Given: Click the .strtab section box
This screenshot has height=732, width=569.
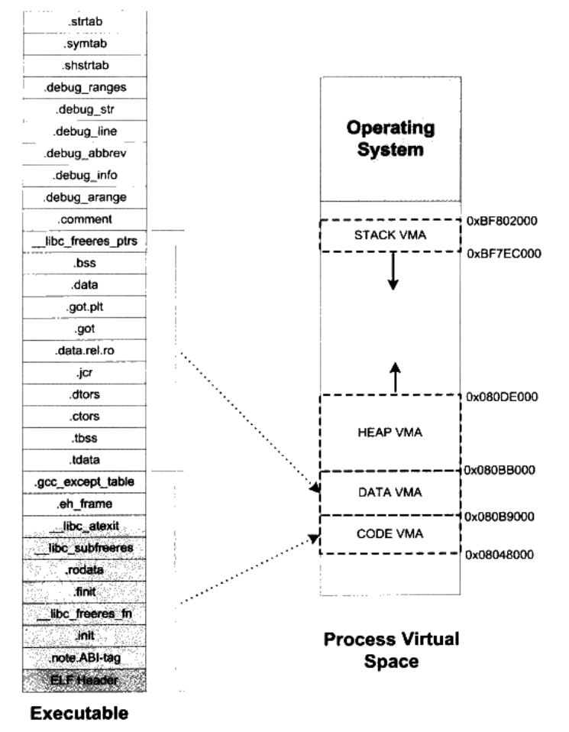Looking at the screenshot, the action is point(85,22).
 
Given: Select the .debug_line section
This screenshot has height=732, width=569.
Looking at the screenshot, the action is point(85,131).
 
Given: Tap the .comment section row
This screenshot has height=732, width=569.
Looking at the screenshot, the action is point(85,219).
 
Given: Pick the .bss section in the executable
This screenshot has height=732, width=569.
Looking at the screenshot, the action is point(85,264).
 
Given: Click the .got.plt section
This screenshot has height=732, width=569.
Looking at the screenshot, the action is point(85,307).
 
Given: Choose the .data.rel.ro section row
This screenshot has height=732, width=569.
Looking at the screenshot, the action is point(85,351).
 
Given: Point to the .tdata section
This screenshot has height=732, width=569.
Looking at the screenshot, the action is point(85,460).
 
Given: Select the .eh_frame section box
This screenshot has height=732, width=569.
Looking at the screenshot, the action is point(85,504).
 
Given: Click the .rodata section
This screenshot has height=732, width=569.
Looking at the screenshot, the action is point(85,570).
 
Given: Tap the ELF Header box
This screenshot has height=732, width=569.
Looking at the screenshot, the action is point(85,680).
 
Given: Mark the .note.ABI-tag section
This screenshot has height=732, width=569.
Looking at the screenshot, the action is point(85,658).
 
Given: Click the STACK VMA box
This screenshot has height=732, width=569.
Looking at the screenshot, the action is point(390,235).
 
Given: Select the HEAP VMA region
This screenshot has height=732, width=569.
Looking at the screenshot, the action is point(390,432).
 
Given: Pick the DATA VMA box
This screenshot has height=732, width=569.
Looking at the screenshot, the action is point(390,493).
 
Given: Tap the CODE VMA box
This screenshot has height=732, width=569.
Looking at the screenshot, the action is point(390,534).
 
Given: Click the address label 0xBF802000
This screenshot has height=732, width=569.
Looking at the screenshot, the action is point(502,221).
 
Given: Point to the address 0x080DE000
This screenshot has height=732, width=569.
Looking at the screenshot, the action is point(502,397).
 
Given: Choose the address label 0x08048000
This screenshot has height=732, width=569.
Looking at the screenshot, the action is point(499,555).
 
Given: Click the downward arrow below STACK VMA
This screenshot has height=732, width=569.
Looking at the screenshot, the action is point(393,271).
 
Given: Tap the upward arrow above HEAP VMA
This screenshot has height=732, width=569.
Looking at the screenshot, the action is point(396,377).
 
